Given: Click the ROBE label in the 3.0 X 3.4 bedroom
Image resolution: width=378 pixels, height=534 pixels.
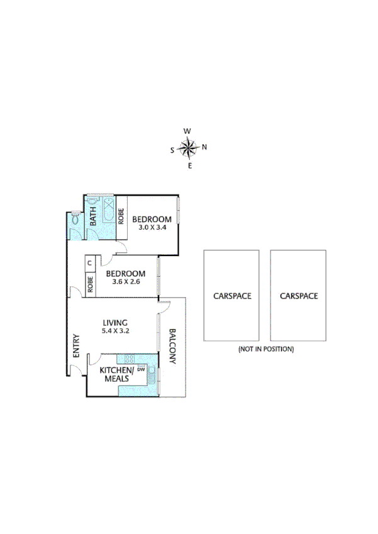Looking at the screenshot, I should point(121,216).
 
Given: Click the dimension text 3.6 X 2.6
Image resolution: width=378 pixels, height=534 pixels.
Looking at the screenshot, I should point(125,282).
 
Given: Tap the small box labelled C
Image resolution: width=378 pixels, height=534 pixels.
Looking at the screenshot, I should point(89,263).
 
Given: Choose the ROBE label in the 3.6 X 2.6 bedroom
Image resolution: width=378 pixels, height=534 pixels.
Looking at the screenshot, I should point(90,284).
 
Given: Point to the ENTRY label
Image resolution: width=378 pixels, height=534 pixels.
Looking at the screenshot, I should point(75,345).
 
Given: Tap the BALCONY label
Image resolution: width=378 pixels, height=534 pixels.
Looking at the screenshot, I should point(173,347).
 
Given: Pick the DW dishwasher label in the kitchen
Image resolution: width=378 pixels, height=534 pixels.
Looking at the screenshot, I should point(141,370).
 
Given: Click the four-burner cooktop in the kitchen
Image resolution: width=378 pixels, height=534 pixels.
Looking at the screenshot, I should point(130,359).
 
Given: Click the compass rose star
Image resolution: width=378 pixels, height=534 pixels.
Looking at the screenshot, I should point(188,148).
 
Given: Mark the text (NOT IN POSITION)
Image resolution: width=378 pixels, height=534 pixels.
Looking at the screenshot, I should point(265,348).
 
